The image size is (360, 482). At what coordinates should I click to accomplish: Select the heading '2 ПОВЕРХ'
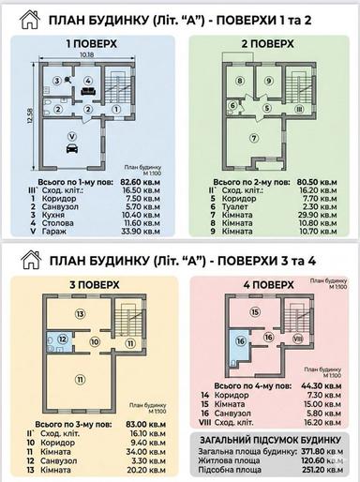pyautogui.click(x=267, y=44)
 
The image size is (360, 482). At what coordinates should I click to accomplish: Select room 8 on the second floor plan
pyautogui.click(x=240, y=81)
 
